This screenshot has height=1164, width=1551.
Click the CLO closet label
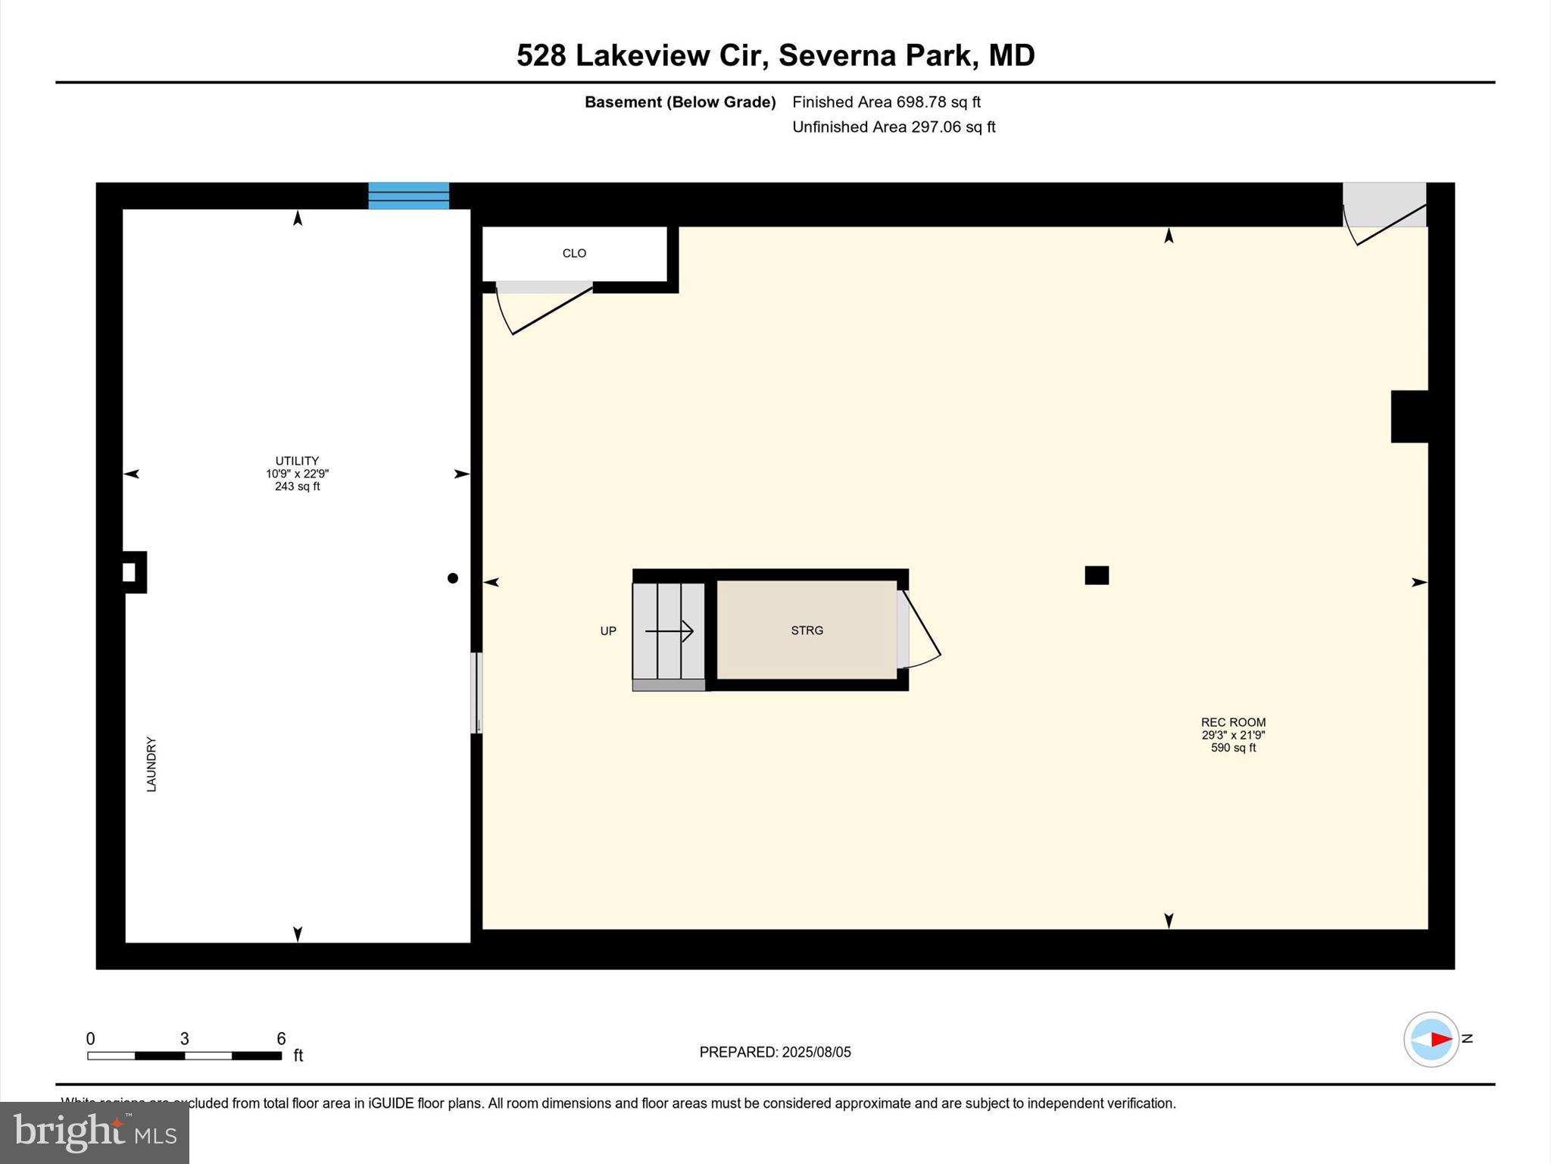click(x=574, y=253)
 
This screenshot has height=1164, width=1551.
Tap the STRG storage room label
click(x=807, y=630)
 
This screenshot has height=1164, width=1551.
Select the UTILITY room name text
click(x=297, y=461)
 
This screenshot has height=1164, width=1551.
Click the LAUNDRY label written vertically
click(x=151, y=765)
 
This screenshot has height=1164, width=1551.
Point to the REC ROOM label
click(x=1233, y=722)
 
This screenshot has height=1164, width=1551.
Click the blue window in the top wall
click(x=408, y=196)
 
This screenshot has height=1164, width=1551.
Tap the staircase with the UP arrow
click(x=669, y=631)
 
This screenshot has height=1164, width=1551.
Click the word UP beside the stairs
click(x=608, y=631)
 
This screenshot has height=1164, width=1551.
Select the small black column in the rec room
click(x=1097, y=575)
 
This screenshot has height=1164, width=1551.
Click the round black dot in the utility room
click(x=453, y=578)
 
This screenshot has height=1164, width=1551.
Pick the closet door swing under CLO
click(x=542, y=307)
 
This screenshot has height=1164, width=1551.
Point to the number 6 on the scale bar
click(x=281, y=1039)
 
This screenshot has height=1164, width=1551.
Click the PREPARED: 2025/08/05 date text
click(x=775, y=1052)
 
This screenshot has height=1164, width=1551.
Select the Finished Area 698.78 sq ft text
click(x=886, y=102)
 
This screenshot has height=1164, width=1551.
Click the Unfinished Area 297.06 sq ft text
click(x=894, y=127)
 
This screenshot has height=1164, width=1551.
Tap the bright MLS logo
click(x=95, y=1132)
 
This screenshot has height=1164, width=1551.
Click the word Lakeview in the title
click(x=666, y=55)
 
